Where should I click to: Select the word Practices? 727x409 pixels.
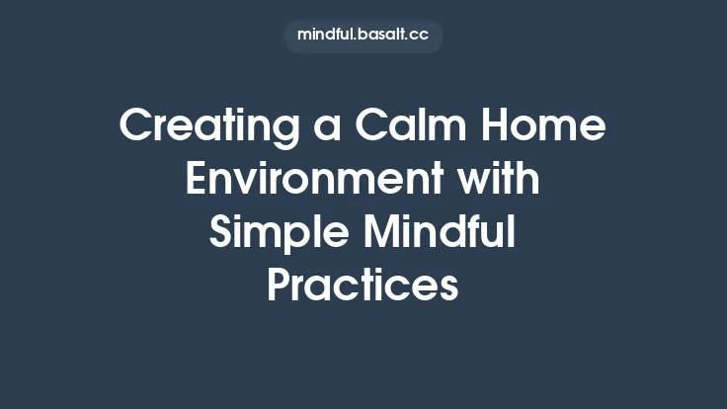click(363, 286)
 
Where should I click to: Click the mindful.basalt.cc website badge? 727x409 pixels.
click(363, 36)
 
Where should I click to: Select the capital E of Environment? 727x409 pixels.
click(198, 182)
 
